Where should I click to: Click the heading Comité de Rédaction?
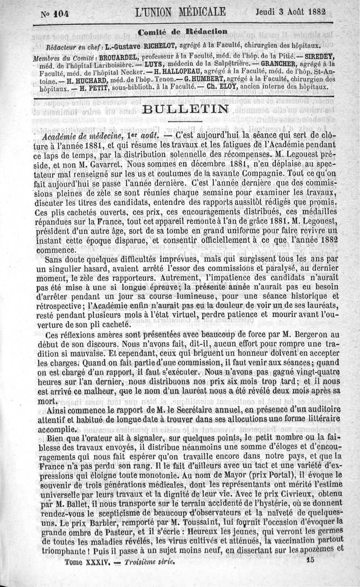(182, 32)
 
